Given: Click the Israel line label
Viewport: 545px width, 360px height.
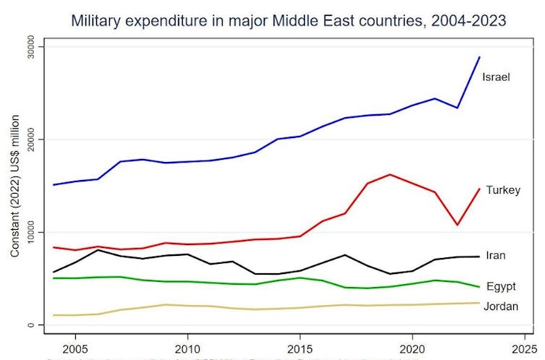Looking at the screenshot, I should [497, 77].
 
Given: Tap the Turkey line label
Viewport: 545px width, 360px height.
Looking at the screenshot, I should [503, 190].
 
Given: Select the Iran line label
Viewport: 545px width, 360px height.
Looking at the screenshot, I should [496, 255].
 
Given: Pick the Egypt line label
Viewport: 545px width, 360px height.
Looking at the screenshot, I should [501, 286].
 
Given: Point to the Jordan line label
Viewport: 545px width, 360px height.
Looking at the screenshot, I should [501, 307].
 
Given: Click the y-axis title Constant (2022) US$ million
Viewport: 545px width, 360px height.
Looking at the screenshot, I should [14, 186].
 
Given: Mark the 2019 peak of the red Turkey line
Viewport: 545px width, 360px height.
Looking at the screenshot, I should [390, 174].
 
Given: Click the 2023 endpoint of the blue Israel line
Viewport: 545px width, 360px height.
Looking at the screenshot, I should [479, 57].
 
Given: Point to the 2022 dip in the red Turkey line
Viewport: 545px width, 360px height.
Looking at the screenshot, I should [457, 225].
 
